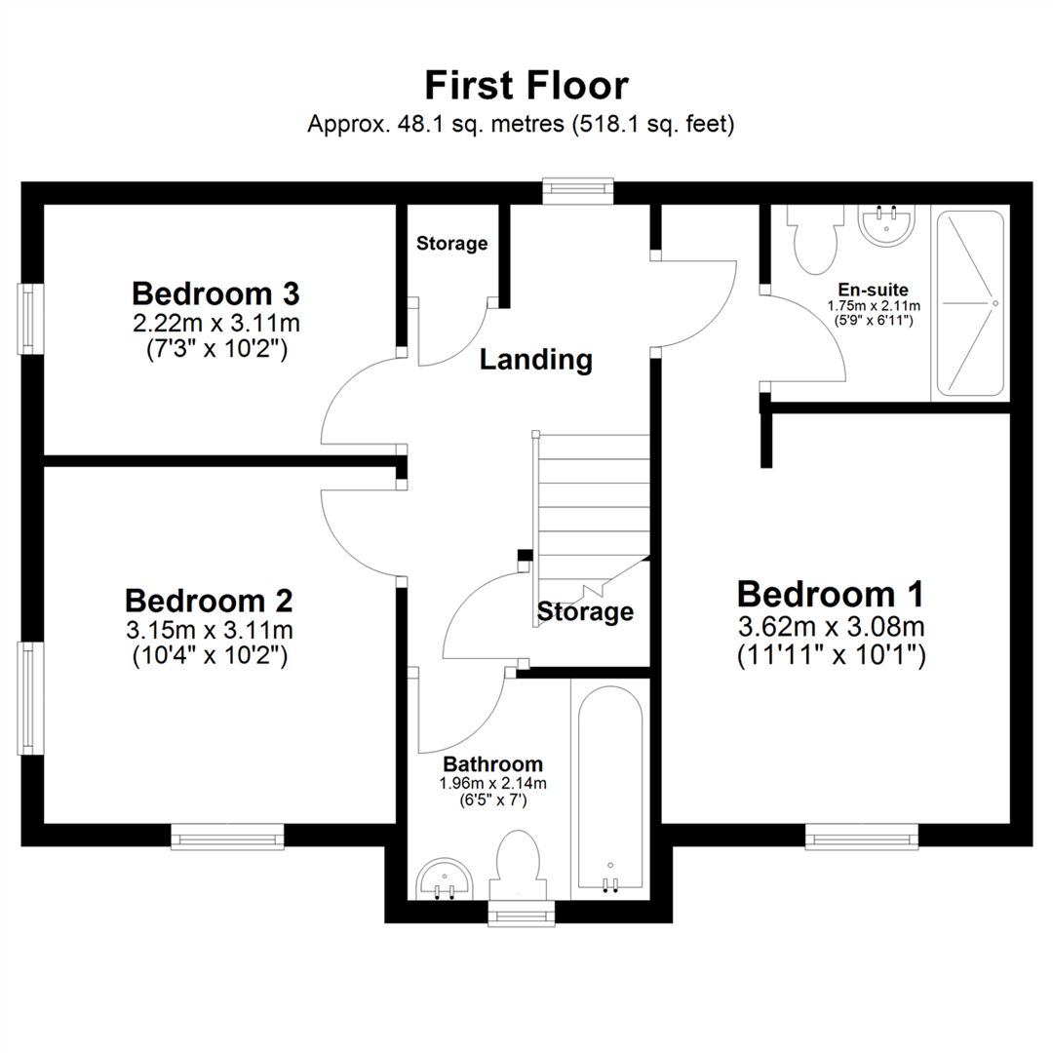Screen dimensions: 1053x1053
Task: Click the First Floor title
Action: [526, 86]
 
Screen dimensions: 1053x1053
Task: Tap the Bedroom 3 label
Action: [215, 292]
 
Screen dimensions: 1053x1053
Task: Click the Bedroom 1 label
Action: [830, 593]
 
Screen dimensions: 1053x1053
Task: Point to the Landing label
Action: [536, 360]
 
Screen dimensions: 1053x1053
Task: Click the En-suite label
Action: [874, 290]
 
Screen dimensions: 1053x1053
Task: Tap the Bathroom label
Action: [492, 763]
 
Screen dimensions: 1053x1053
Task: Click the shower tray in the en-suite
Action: [969, 303]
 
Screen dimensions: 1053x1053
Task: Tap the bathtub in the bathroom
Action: [610, 785]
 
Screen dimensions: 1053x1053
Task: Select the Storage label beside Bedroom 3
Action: [451, 243]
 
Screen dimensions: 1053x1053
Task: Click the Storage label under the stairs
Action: [585, 612]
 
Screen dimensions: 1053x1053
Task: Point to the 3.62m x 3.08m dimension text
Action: [830, 625]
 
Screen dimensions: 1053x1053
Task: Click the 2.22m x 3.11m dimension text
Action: [215, 321]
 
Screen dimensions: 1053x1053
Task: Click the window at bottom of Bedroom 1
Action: [862, 836]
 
